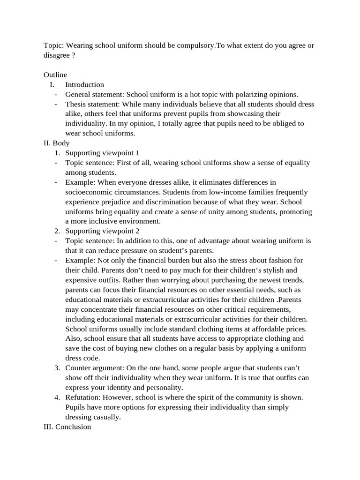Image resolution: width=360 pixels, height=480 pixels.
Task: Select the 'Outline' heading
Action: pyautogui.click(x=55, y=75)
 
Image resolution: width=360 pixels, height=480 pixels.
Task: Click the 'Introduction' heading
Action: pyautogui.click(x=84, y=85)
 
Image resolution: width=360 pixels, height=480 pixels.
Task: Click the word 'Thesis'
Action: pyautogui.click(x=75, y=104)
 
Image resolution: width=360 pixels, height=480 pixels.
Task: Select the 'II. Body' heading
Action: pyautogui.click(x=56, y=143)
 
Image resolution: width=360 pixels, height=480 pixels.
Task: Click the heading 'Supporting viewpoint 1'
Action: pyautogui.click(x=102, y=153)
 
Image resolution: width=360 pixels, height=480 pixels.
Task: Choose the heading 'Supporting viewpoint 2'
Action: pyautogui.click(x=102, y=231)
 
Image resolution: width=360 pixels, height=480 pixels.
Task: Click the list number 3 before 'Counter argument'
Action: pyautogui.click(x=57, y=368)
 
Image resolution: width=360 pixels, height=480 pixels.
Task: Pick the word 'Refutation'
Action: pyautogui.click(x=82, y=397)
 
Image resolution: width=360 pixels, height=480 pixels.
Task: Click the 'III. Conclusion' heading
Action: pyautogui.click(x=67, y=427)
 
